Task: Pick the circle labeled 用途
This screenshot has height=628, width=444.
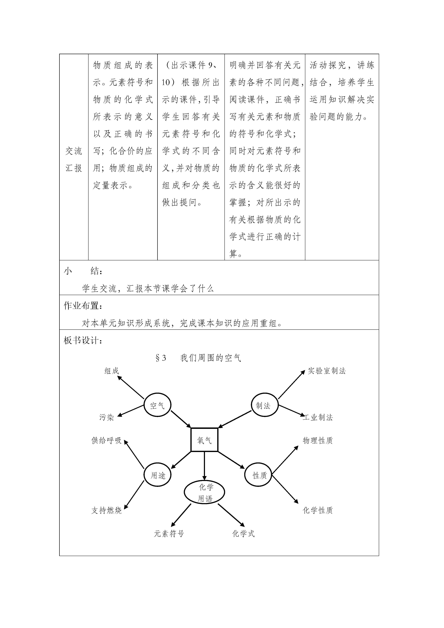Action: [144, 475]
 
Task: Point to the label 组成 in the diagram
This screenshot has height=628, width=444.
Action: [112, 371]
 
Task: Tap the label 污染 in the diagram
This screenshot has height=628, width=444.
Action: [106, 417]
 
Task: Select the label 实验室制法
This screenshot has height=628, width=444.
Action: [327, 371]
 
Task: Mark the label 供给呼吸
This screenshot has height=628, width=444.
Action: [106, 440]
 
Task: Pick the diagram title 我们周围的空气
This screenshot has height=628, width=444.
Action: [211, 358]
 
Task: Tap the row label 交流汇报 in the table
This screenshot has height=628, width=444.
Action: [74, 159]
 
